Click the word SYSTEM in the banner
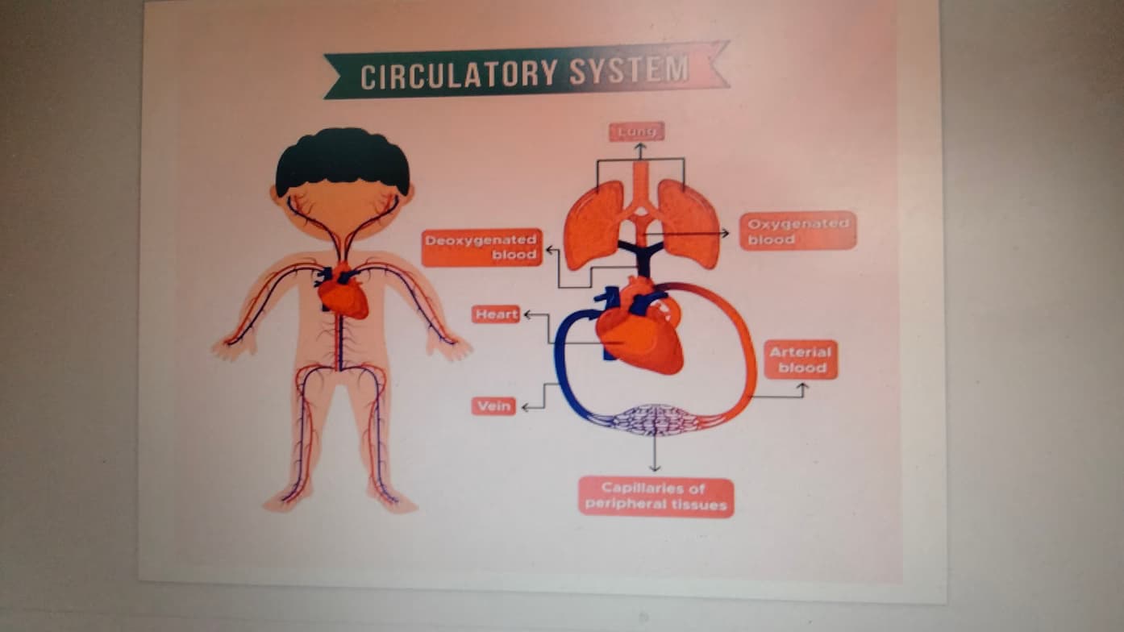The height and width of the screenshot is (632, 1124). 629,71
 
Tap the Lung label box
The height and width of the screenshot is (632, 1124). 636,131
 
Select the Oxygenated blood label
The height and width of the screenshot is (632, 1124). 797,231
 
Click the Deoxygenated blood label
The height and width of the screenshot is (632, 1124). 482,247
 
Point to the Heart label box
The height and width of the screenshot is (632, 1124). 496,314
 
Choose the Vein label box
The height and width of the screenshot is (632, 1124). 493,406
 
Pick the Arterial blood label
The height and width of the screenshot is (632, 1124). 801,360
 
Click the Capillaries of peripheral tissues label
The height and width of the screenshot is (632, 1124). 656,497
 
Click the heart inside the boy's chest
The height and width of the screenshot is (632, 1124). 344,297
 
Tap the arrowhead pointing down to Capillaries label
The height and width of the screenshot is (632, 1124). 655,467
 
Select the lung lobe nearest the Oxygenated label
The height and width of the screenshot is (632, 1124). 689,223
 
